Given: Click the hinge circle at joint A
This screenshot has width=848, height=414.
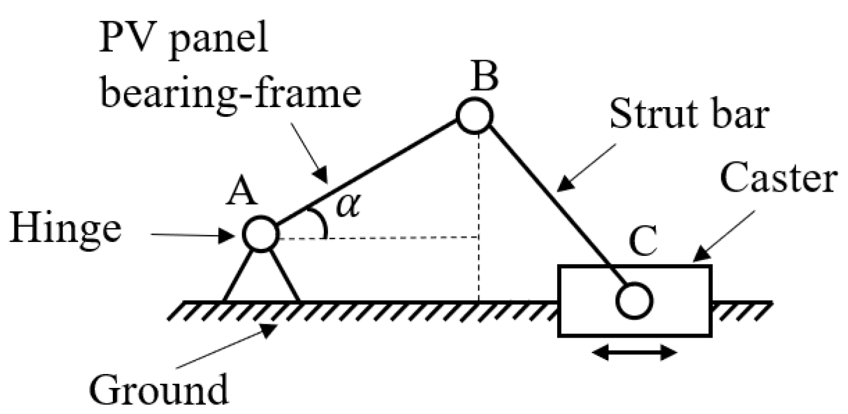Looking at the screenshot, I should click(261, 234).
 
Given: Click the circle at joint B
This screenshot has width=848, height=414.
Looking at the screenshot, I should click(475, 115).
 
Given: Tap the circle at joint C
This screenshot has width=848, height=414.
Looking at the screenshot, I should click(635, 301).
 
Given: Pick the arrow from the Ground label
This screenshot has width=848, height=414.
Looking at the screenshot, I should click(225, 347).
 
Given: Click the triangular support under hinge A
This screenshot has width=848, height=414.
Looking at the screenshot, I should click(261, 278).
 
